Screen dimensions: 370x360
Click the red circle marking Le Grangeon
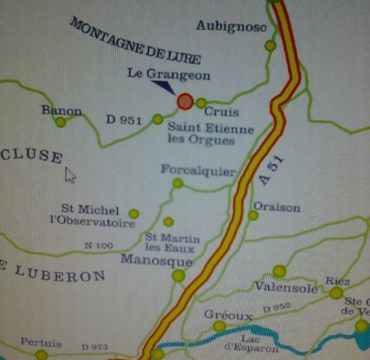pyautogui.click(x=185, y=101)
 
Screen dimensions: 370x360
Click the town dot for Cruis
pyautogui.click(x=201, y=103)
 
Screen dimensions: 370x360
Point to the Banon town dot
pyautogui.click(x=60, y=122)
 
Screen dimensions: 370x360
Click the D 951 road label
pyautogui.click(x=123, y=119)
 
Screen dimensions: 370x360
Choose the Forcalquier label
pyautogui.click(x=198, y=171)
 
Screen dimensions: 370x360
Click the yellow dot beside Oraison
pyautogui.click(x=253, y=215)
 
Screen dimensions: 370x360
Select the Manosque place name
pyautogui.click(x=156, y=262)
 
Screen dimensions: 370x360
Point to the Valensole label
pyautogui.click(x=286, y=288)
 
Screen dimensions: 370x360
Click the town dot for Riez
pyautogui.click(x=336, y=293)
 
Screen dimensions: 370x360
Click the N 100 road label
pyautogui.click(x=98, y=246)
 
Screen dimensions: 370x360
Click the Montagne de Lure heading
pyautogui.click(x=136, y=41)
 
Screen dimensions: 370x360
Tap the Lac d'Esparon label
pyautogui.click(x=260, y=344)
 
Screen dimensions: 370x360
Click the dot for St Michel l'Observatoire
pyautogui.click(x=134, y=213)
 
